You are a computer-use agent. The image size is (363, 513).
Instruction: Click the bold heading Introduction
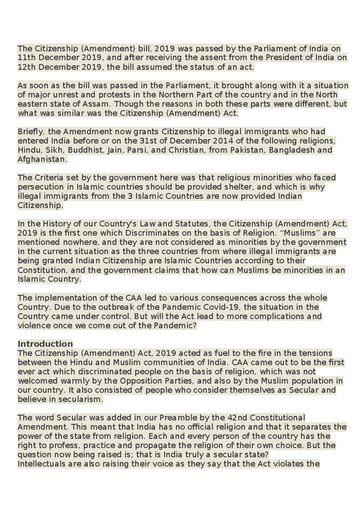click(x=45, y=344)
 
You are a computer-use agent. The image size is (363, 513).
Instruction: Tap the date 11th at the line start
click(x=27, y=58)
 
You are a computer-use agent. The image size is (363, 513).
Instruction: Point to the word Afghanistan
click(x=42, y=159)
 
